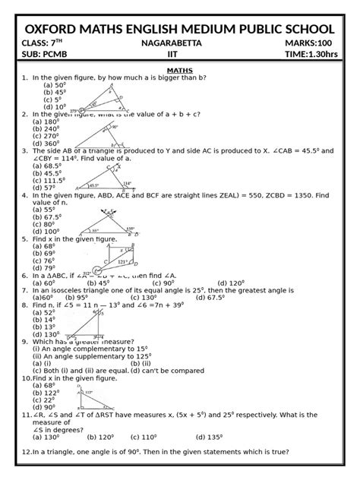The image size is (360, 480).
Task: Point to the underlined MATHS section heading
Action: click(x=179, y=70)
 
